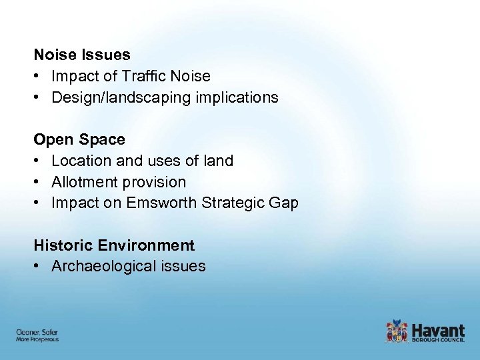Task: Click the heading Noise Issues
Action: point(82,55)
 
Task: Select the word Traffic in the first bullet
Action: point(143,76)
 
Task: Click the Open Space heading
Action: point(79,139)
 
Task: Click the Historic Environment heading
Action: point(114,245)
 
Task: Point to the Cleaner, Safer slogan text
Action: point(37,332)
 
